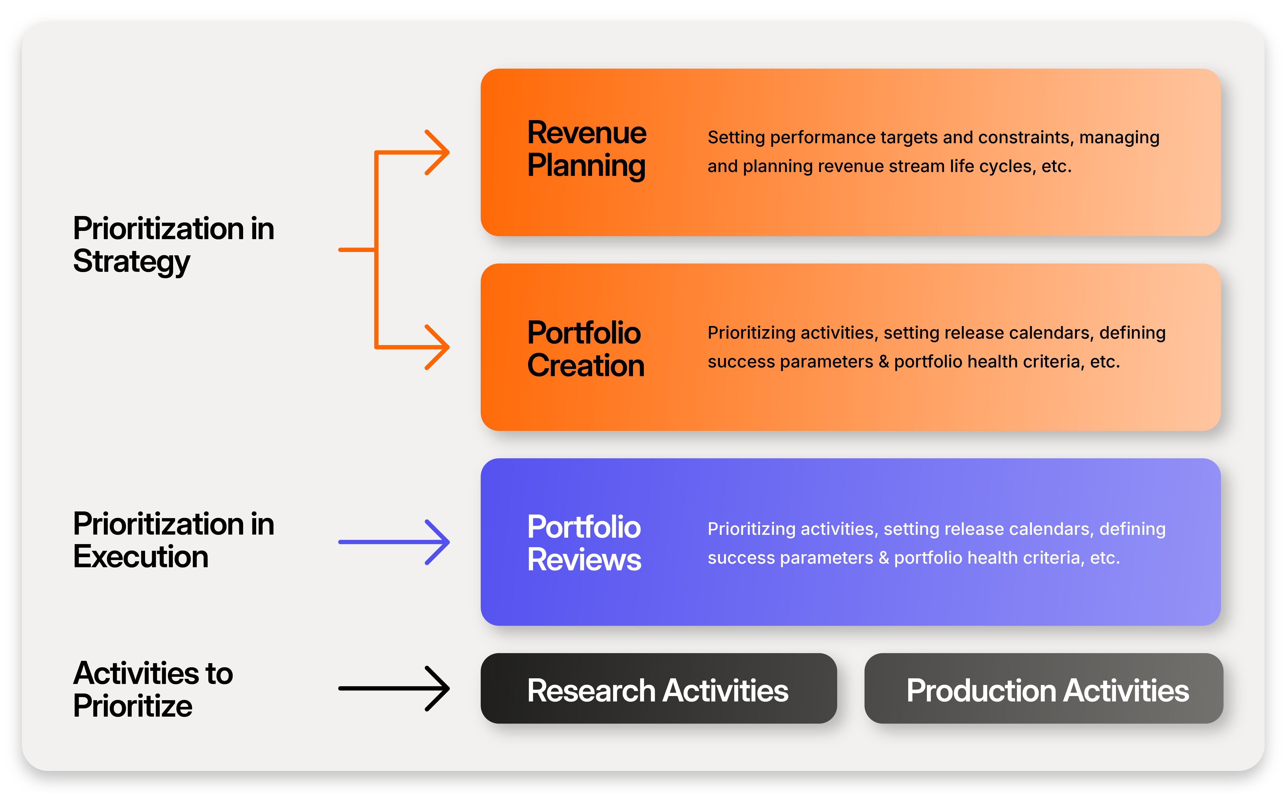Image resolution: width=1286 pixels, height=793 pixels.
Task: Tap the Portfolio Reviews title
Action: pyautogui.click(x=584, y=543)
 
